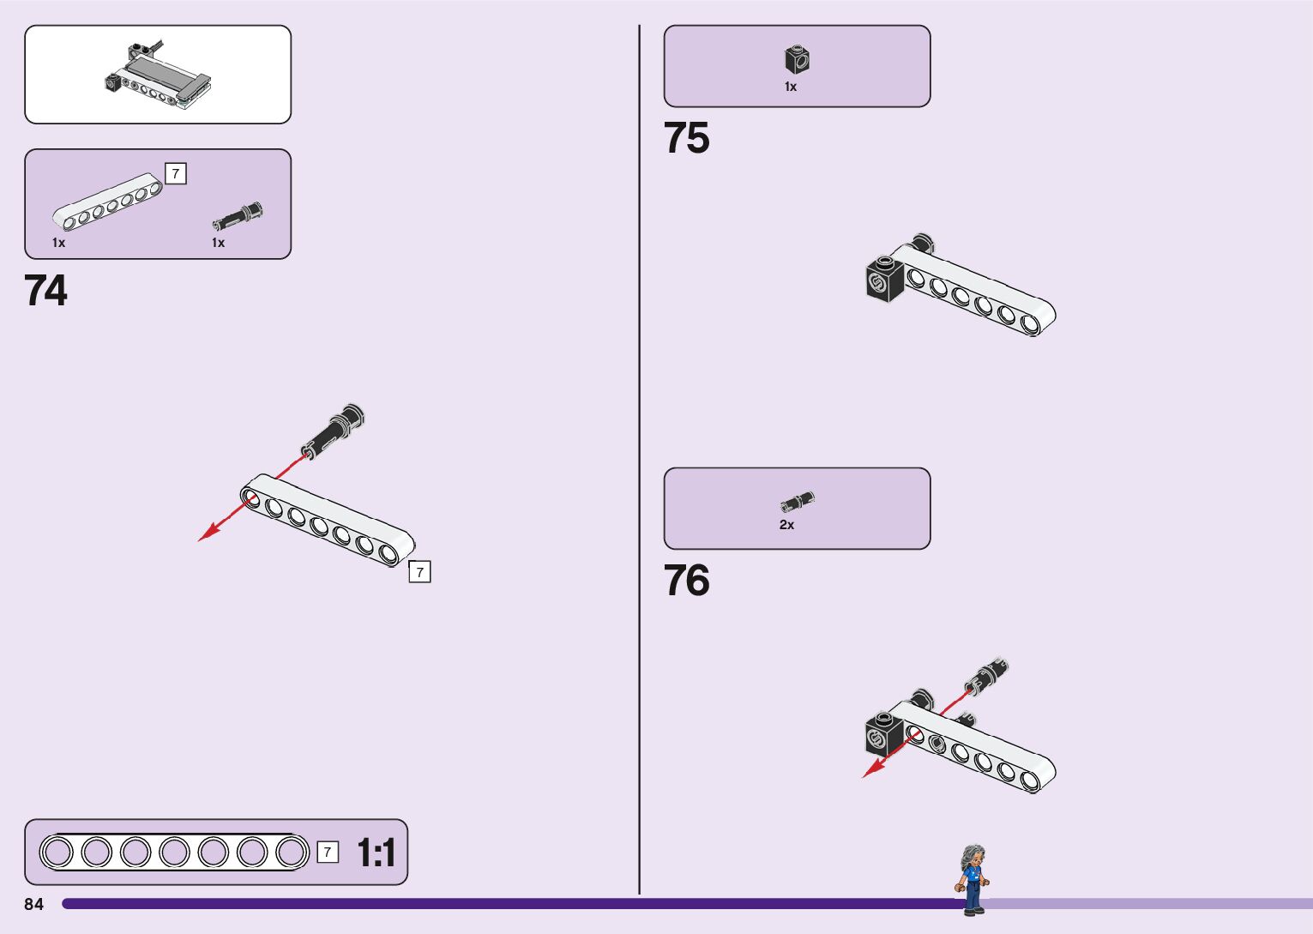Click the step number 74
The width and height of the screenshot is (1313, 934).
coord(45,291)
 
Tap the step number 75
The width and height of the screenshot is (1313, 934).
coord(686,138)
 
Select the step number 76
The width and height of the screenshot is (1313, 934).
coord(686,581)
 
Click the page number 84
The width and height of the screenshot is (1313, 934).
coord(33,904)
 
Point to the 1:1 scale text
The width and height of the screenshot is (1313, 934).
coord(376,853)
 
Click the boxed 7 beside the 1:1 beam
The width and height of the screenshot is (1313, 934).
coord(328,852)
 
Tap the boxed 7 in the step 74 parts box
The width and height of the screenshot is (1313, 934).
coord(176,174)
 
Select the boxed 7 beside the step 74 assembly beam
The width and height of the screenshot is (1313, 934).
coord(419,572)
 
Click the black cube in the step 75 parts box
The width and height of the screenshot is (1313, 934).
coord(797,59)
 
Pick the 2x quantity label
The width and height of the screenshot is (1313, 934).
coord(786,525)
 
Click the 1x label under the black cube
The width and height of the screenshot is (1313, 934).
coord(791,87)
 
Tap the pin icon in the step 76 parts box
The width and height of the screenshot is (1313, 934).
coord(798,502)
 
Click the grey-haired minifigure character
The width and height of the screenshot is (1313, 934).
coord(973,879)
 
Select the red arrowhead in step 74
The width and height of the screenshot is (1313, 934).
coord(207,535)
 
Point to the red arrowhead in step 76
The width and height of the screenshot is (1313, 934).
coord(870,771)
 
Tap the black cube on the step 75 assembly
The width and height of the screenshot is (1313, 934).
coord(884,276)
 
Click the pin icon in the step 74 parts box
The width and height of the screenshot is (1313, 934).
coord(238,217)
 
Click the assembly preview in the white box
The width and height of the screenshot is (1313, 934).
coord(158,75)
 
